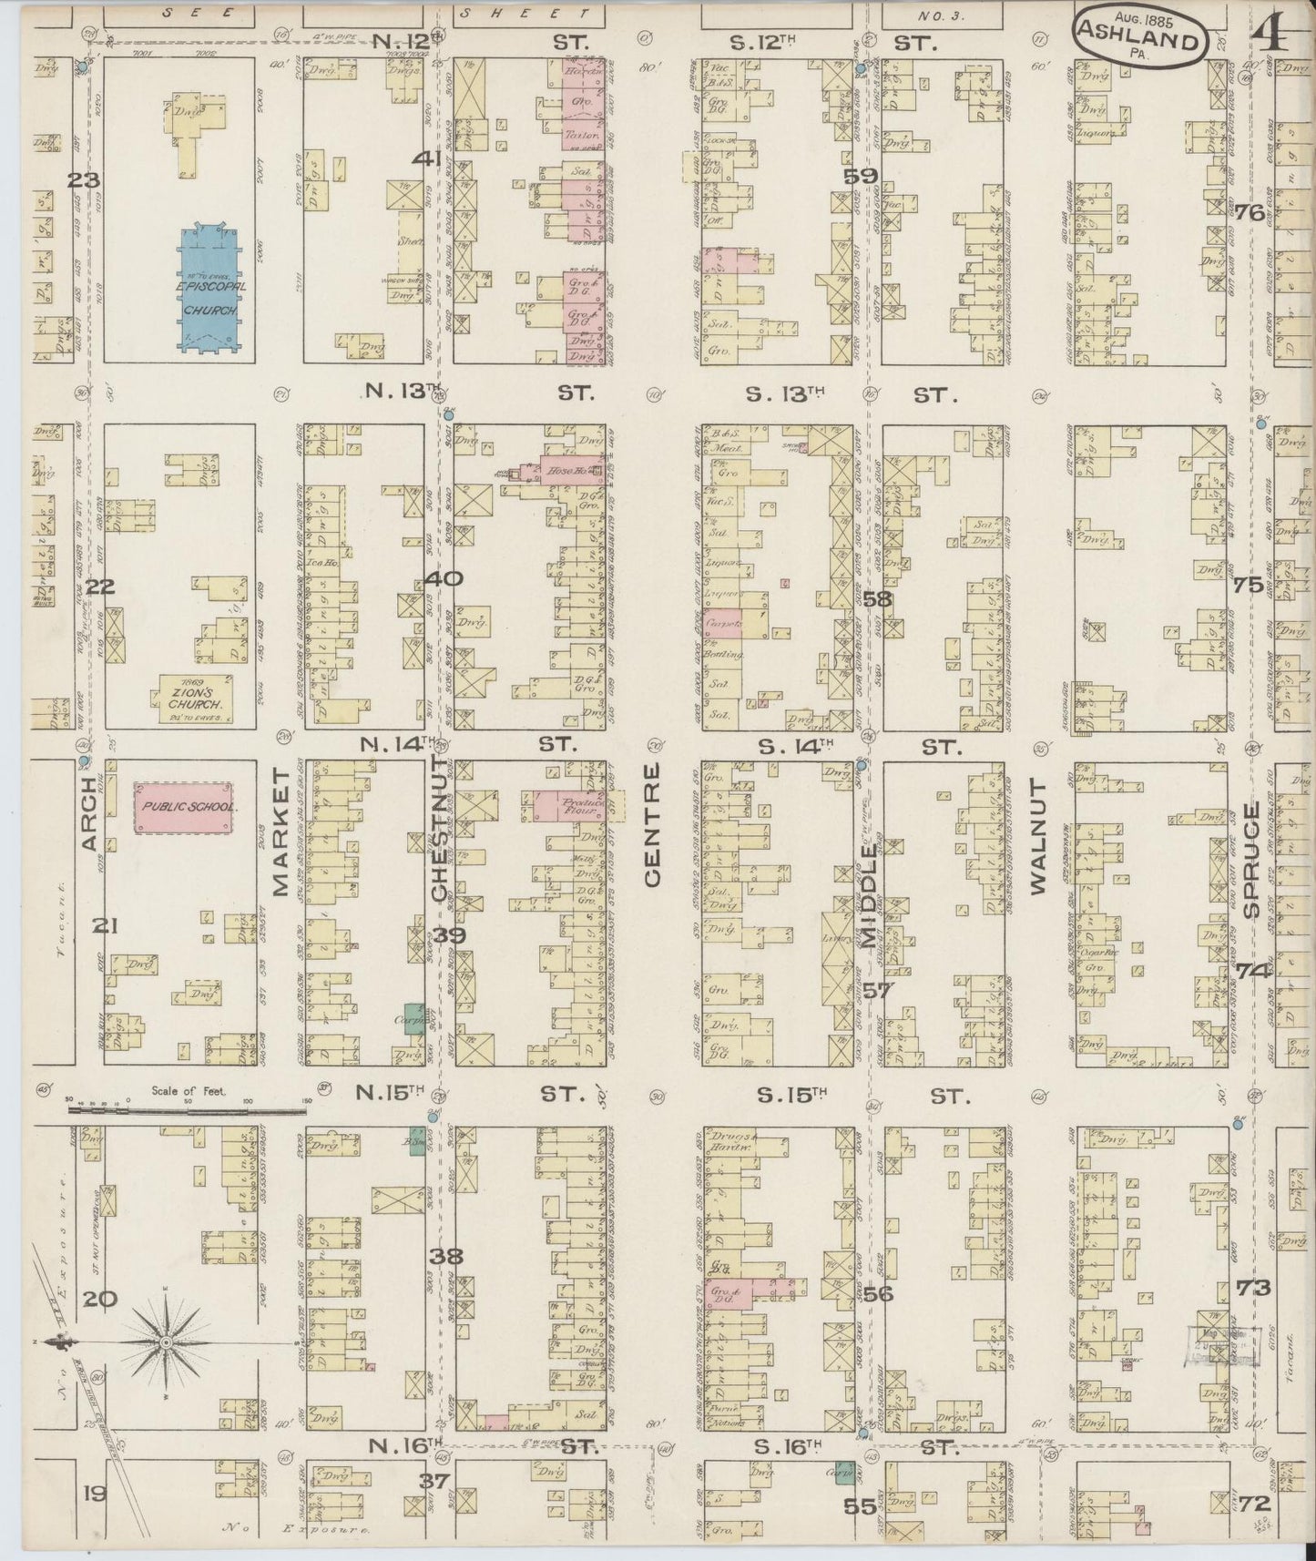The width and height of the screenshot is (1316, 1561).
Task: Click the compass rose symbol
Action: point(167,1343)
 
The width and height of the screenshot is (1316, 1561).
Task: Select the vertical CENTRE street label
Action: point(652,825)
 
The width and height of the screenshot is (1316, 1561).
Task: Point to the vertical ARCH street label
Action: point(89,814)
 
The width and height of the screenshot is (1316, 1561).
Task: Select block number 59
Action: point(860,177)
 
